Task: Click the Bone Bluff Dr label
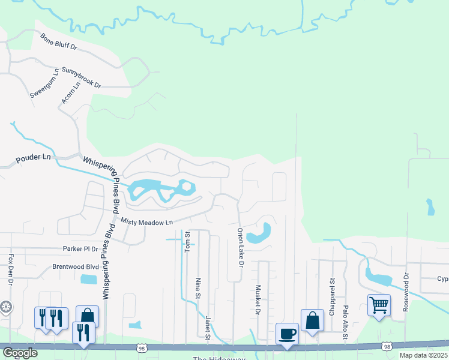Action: [x=59, y=41]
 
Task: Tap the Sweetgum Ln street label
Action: [x=44, y=83]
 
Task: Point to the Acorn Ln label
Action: [x=70, y=94]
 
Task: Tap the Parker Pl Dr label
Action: [x=80, y=248]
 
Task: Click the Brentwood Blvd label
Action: [x=75, y=266]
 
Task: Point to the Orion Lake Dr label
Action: [x=240, y=247]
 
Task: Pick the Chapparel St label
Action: [x=331, y=295]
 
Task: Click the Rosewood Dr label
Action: [x=406, y=291]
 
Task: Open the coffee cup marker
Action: [x=287, y=333]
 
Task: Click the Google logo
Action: [x=20, y=353]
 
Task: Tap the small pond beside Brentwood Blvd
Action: [x=88, y=279]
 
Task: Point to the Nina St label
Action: [x=197, y=287]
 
